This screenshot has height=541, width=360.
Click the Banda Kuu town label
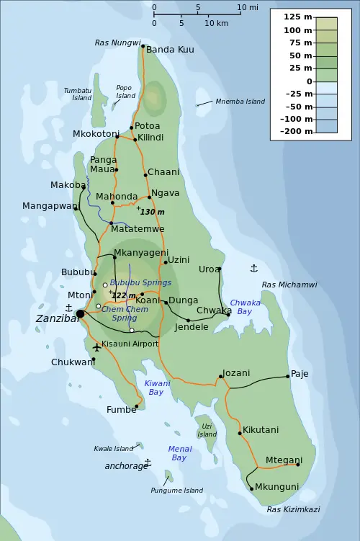tap(170, 50)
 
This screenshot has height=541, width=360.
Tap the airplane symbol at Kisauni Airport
tap(96, 347)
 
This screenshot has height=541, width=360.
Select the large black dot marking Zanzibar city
tap(80, 313)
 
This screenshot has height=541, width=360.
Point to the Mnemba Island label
tap(240, 102)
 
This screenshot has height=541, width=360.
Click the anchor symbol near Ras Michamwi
tap(253, 269)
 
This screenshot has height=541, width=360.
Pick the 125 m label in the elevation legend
tap(297, 17)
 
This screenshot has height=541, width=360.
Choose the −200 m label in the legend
tap(296, 132)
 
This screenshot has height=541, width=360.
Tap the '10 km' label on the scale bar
tap(217, 24)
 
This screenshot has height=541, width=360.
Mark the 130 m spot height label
tap(152, 212)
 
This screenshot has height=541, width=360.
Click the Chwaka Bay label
tap(245, 308)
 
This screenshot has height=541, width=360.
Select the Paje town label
tap(300, 375)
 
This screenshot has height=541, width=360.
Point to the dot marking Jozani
tap(220, 376)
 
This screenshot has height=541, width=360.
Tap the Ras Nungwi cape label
tap(117, 43)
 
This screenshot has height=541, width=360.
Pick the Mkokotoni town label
tap(96, 134)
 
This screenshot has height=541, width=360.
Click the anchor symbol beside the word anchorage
tap(148, 462)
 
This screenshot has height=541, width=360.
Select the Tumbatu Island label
tap(77, 94)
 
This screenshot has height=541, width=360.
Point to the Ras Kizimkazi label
tap(292, 509)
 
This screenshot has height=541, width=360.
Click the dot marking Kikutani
tap(240, 433)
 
